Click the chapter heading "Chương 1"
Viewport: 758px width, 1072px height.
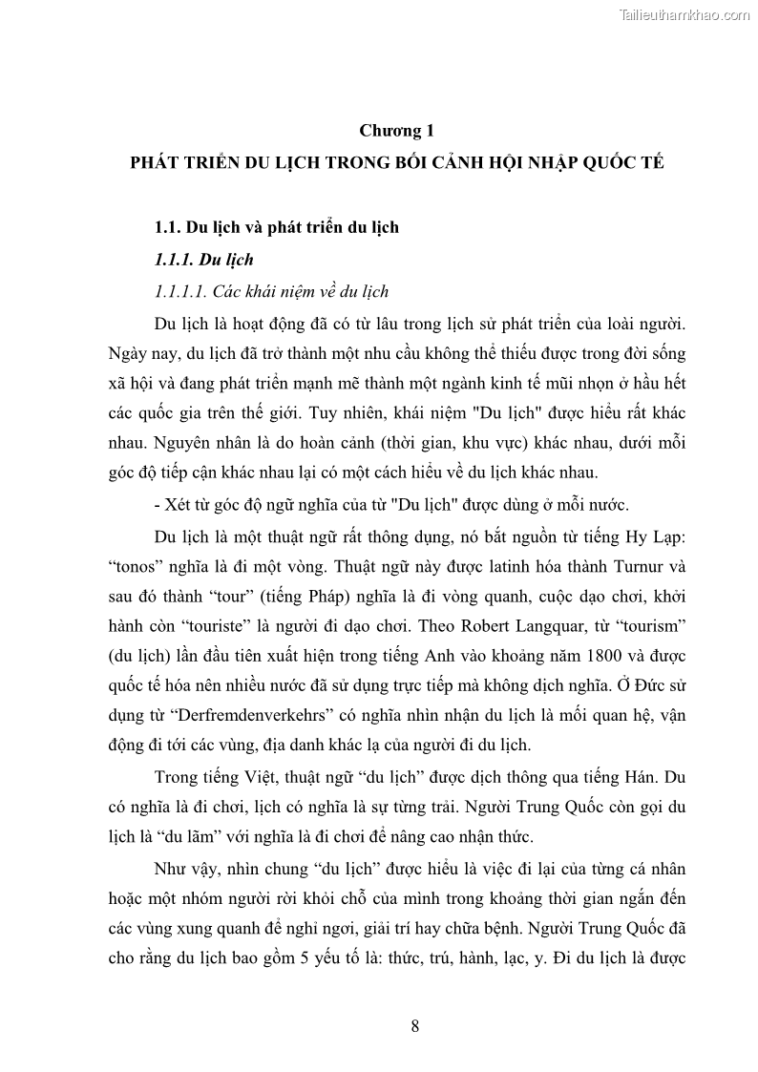(396, 130)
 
